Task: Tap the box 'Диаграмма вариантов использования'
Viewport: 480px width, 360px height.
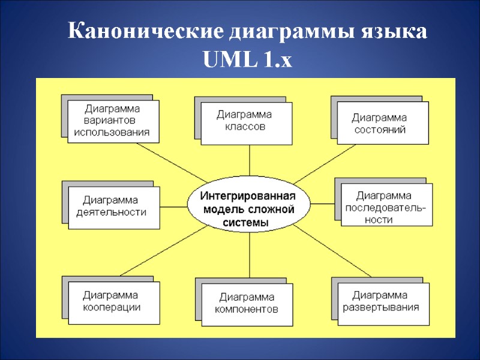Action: [x=113, y=121]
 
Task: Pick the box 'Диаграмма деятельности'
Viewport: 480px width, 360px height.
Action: [x=114, y=207]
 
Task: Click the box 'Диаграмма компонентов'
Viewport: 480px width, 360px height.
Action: [x=247, y=304]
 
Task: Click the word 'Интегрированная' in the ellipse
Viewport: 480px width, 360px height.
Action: [x=248, y=196]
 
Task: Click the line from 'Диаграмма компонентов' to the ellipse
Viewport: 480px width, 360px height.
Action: [x=248, y=258]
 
